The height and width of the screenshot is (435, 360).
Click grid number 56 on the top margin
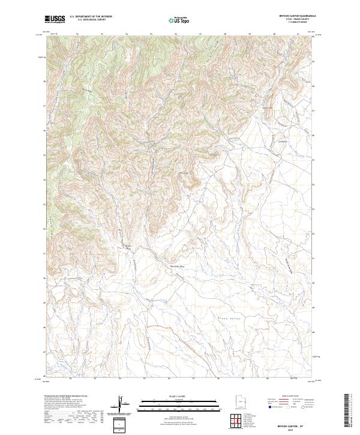(x=176, y=34)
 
